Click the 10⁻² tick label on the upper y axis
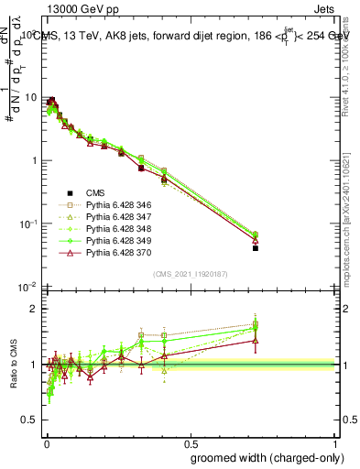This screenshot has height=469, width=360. pos(27,288)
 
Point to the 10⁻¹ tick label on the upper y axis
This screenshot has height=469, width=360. pos(27,224)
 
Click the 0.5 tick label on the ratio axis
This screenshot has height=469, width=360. pos(30,420)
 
